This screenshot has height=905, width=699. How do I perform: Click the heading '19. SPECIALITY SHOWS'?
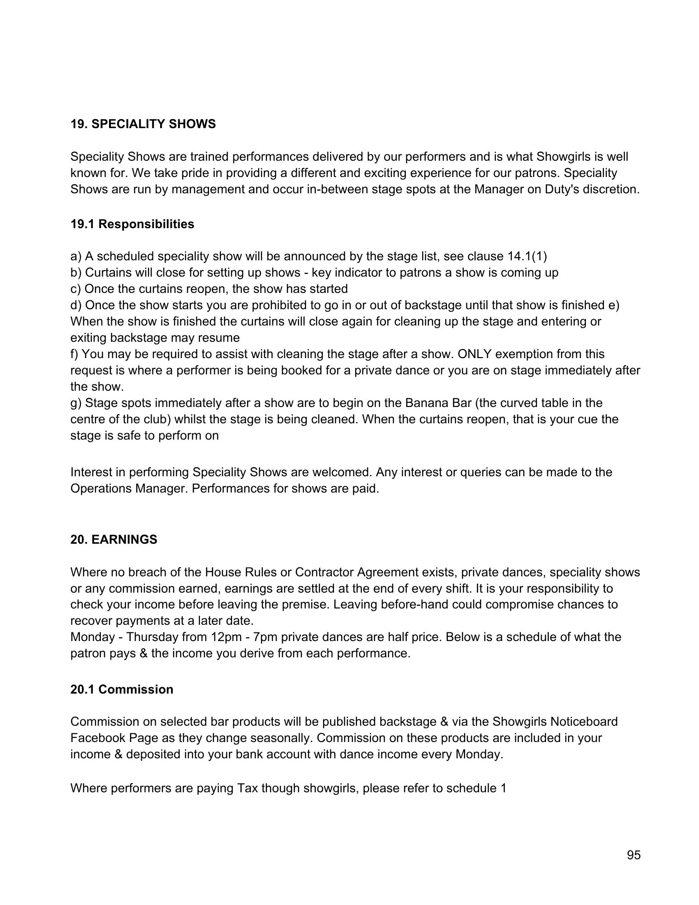click(x=143, y=124)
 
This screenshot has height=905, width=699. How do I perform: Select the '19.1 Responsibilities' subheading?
click(x=132, y=224)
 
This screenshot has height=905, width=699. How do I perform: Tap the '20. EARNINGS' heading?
click(x=114, y=540)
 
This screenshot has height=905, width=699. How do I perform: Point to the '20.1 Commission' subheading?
click(x=122, y=690)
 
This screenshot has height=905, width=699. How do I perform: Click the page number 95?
click(x=634, y=855)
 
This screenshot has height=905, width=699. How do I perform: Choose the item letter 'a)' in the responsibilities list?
click(x=76, y=257)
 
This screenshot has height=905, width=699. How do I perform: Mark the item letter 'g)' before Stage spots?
click(x=76, y=403)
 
